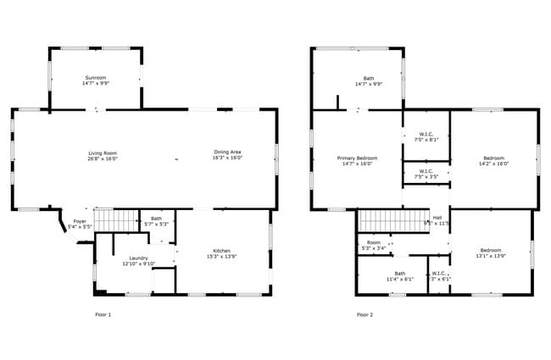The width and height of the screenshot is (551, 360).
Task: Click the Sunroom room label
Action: tap(96, 80)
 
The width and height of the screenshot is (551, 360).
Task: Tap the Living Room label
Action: tap(103, 155)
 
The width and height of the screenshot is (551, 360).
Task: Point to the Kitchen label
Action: tap(221, 253)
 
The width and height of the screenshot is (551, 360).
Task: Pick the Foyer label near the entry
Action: tap(79, 224)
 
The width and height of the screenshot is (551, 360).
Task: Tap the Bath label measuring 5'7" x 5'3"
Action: tap(157, 221)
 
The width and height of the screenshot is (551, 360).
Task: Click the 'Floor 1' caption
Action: tap(103, 314)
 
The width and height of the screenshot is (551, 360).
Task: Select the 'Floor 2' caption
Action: tap(365, 314)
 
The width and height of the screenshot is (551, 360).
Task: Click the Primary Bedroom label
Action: tap(357, 161)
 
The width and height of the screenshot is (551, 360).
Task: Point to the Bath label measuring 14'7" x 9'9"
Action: tap(357, 80)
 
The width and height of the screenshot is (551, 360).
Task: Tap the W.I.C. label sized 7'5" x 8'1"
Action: tap(426, 136)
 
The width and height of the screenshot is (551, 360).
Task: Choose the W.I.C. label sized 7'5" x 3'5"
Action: tap(426, 174)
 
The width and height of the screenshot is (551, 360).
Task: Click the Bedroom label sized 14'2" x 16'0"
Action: tap(494, 161)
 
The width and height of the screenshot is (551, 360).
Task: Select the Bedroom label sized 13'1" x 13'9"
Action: tap(491, 253)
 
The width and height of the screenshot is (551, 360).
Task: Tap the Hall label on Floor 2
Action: tap(437, 220)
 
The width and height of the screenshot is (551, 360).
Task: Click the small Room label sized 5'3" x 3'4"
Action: tap(374, 245)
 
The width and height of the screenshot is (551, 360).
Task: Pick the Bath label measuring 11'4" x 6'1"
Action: tap(399, 276)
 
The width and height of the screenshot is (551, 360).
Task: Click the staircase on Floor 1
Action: tap(115, 220)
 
